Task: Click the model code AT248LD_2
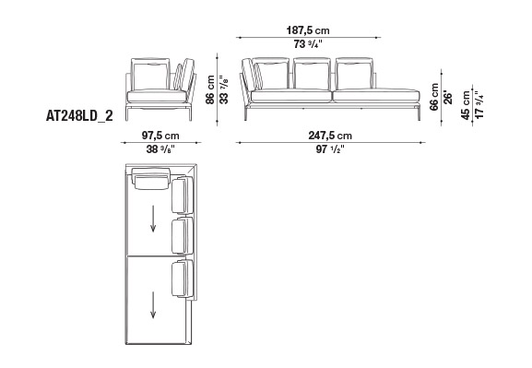(x=79, y=116)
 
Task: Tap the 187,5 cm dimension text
(x=308, y=30)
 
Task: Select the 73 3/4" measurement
(x=308, y=44)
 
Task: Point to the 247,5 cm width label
(x=330, y=136)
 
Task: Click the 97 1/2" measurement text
(x=330, y=149)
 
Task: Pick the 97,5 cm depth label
(x=160, y=136)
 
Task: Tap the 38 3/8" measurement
(x=160, y=149)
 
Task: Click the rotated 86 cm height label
(x=210, y=89)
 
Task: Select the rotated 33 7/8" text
(x=224, y=89)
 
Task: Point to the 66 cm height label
(x=434, y=97)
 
